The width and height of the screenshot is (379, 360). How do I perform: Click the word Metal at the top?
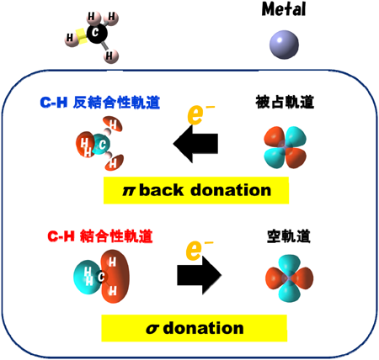(x=284, y=9)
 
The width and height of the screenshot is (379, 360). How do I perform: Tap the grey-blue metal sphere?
(x=284, y=45)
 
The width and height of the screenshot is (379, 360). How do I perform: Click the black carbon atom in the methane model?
(x=97, y=33)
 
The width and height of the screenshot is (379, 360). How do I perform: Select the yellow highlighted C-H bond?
(x=82, y=36)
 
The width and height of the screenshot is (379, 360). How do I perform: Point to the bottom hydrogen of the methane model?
(x=110, y=56)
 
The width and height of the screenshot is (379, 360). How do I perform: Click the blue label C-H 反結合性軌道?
(x=100, y=103)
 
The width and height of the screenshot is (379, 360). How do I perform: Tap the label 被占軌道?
(x=285, y=102)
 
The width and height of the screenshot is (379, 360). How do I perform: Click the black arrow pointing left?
(x=195, y=144)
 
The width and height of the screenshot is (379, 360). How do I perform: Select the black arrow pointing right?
(x=200, y=275)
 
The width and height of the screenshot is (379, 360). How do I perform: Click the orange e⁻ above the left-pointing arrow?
(x=200, y=114)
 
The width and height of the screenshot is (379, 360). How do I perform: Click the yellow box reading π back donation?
(x=196, y=190)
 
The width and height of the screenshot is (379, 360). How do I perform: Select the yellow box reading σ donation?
(x=195, y=328)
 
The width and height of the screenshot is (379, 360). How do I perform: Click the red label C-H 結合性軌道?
(x=100, y=236)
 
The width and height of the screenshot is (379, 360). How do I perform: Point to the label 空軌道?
(x=289, y=236)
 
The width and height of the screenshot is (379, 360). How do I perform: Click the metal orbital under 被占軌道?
(x=285, y=147)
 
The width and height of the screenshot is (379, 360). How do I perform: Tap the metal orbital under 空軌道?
(x=289, y=278)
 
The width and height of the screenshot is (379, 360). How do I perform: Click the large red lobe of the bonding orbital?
(x=115, y=277)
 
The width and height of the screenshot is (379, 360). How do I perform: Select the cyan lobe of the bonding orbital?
(x=87, y=277)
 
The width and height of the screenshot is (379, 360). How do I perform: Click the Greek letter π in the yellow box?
(x=129, y=191)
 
